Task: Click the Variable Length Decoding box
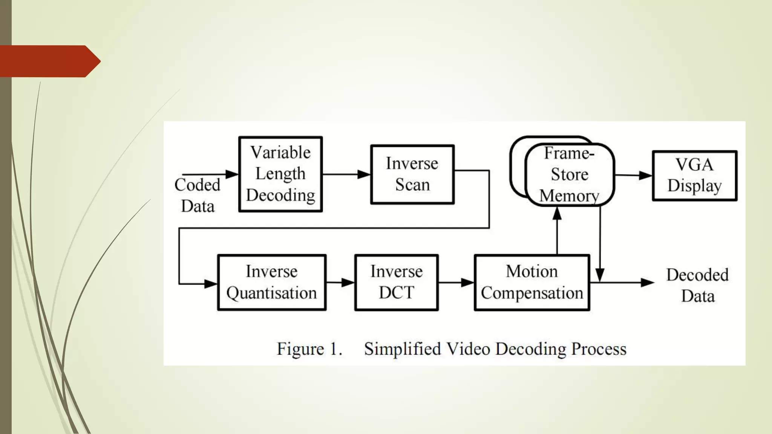pos(280,174)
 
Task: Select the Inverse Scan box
pos(412,174)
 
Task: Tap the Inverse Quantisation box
pos(271,282)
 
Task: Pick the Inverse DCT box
pos(396,282)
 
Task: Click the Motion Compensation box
pos(532,282)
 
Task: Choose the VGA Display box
pos(694,176)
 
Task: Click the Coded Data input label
pos(198,195)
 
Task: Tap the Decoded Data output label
pos(697,285)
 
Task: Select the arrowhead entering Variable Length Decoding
pos(232,174)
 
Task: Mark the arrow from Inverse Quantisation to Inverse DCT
pos(340,282)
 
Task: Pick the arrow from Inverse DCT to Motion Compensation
pos(456,282)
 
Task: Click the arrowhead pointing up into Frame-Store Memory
pos(557,214)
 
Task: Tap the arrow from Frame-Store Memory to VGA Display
pos(633,175)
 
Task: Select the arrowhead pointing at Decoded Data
pos(647,282)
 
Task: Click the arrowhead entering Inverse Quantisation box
pos(211,284)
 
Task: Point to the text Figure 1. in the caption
pos(309,349)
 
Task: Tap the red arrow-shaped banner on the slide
pos(49,61)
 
